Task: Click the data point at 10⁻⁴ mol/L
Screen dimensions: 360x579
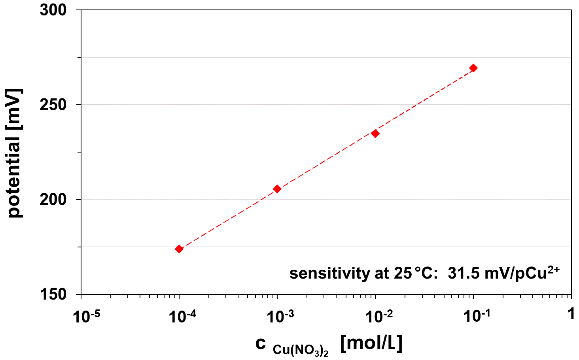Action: tap(179, 249)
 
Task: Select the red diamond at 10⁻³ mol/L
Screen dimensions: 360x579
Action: tap(277, 189)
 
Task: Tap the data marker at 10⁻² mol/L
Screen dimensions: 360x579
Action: tap(375, 134)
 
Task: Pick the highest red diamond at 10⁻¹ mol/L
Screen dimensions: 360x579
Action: tap(473, 68)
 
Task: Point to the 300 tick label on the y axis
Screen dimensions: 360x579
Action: tap(53, 10)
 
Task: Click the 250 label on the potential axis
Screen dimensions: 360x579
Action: tap(53, 105)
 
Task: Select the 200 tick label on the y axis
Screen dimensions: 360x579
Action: tap(53, 200)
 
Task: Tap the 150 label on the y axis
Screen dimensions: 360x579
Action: tap(53, 294)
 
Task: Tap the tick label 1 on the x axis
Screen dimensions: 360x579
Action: tap(571, 314)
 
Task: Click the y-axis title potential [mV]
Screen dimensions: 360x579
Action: tap(15, 153)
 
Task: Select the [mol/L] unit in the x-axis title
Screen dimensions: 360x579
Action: tap(371, 343)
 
